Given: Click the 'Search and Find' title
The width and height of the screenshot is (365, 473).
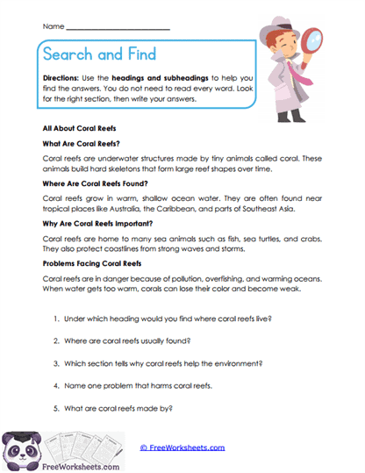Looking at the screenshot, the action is click(x=98, y=55).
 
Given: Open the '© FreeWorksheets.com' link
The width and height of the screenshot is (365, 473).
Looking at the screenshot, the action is click(x=182, y=448).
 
